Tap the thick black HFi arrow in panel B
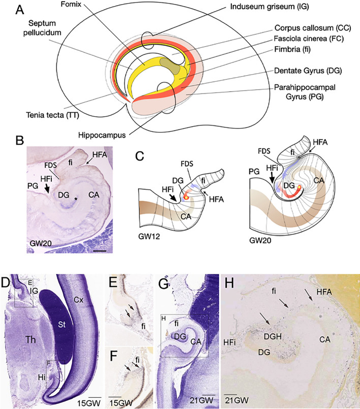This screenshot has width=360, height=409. (49, 187)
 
